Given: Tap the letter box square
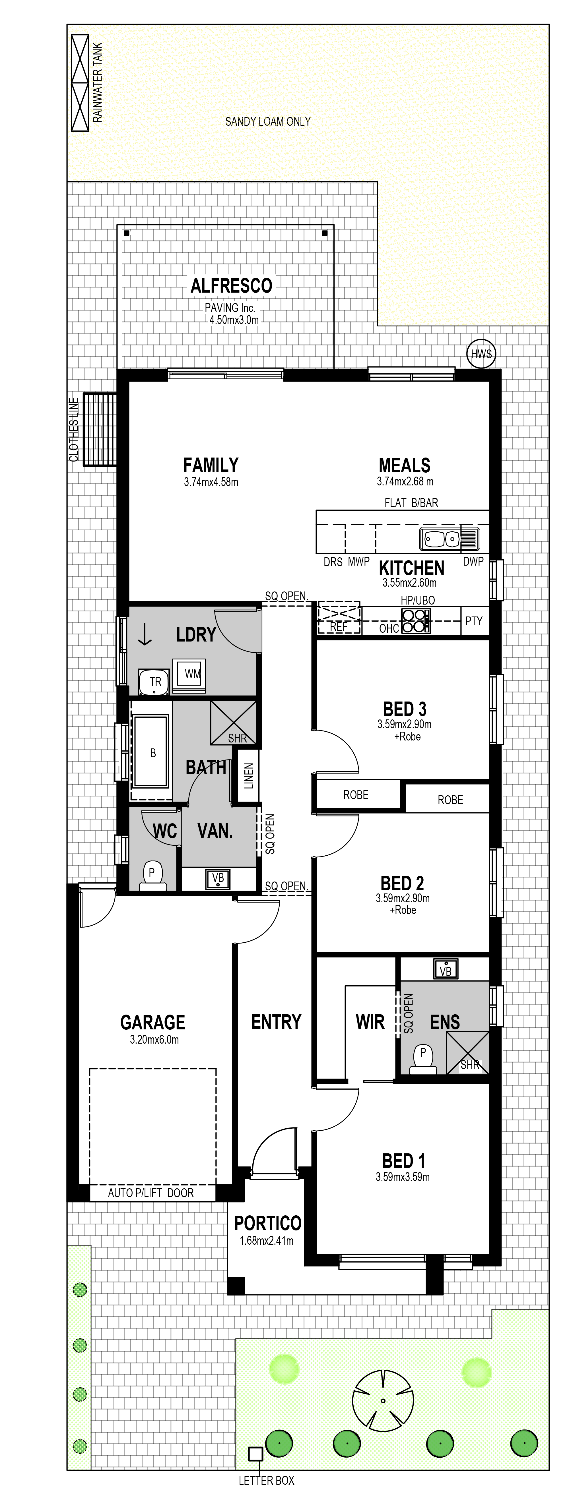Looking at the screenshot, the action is point(255,1454).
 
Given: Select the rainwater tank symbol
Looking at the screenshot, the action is point(80,83).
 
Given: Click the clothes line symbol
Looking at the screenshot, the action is point(100,430).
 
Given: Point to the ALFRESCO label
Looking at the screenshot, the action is point(232,286).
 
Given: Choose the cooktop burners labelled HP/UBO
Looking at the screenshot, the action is point(416,620).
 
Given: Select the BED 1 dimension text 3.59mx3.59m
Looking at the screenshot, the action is point(403,1177).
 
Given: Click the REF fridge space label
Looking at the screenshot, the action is point(339,626).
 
